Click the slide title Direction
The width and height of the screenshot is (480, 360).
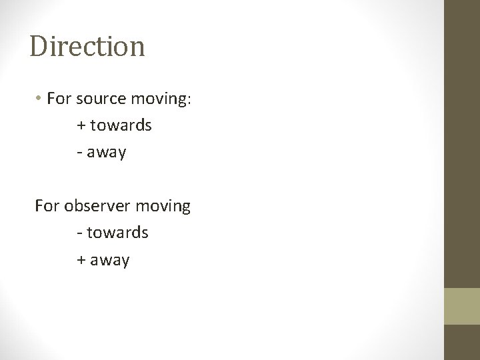point(87,47)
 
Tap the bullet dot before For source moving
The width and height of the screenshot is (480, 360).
point(40,99)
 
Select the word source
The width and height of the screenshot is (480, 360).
point(100,99)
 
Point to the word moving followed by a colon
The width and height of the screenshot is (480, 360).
point(163,100)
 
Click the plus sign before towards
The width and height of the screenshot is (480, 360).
point(81,126)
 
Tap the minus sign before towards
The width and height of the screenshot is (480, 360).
point(79,233)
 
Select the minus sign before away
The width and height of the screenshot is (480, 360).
point(79,153)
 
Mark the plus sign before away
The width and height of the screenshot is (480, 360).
point(81,259)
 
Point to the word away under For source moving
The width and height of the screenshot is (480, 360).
point(106,153)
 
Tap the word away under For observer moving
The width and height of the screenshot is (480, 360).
point(110,260)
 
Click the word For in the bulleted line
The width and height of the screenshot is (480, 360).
point(59,99)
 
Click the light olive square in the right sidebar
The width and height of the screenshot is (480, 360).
point(462,306)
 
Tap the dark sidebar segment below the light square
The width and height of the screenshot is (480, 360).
point(462,342)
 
